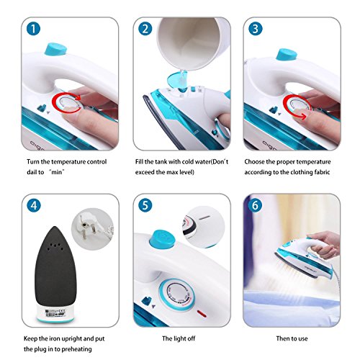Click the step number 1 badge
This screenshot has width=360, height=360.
(33, 29)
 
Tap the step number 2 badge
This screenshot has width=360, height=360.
(145, 29)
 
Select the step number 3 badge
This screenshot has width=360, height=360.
(256, 29)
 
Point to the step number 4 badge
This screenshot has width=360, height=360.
(34, 206)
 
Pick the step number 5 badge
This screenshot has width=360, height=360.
(145, 206)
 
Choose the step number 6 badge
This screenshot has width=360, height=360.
(255, 206)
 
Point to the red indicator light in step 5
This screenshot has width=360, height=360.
(202, 313)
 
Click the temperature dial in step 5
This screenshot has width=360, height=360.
(177, 295)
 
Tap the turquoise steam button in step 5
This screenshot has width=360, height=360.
(162, 239)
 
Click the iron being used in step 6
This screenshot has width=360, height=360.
(305, 261)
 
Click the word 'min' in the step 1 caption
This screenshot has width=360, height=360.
(56, 172)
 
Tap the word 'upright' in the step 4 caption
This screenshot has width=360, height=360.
(72, 339)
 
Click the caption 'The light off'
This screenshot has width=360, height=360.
(179, 338)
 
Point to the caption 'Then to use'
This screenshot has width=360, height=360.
(292, 338)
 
